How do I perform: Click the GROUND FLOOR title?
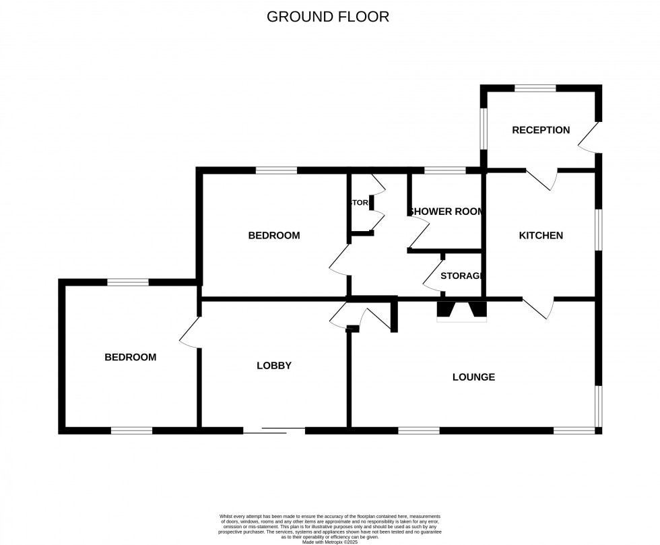point(328,17)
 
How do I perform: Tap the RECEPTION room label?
point(541,130)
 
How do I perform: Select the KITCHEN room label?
point(541,236)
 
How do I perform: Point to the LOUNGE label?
point(473,377)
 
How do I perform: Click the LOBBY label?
point(274,366)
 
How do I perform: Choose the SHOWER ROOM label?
point(446,212)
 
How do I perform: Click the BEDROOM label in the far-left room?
point(130,357)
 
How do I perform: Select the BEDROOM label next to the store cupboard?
point(273,236)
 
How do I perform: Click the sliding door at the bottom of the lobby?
point(274,430)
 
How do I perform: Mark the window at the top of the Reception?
point(535,88)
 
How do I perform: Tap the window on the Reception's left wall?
point(483,128)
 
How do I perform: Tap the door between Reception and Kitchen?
point(542,179)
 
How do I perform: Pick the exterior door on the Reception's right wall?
point(589,138)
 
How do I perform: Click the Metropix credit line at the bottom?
point(330,542)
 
